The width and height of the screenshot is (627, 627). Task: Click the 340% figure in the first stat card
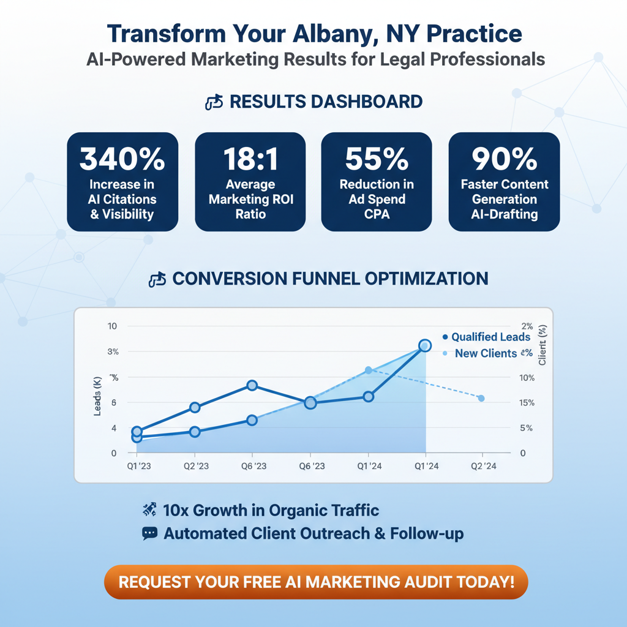click(x=122, y=160)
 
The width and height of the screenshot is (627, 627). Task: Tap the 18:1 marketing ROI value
click(x=250, y=160)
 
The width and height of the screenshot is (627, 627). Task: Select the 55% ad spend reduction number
click(x=377, y=160)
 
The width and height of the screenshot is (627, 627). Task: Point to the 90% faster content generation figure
click(x=504, y=160)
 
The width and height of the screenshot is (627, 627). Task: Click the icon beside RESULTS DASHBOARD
click(x=213, y=102)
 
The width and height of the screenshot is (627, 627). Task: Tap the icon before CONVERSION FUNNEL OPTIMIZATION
click(x=157, y=279)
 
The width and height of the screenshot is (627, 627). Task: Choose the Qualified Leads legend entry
click(x=486, y=337)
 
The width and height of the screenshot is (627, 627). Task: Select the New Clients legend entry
click(x=486, y=353)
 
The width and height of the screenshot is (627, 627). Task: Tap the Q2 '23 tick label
click(x=196, y=467)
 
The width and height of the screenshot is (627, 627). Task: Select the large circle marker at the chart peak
click(x=424, y=346)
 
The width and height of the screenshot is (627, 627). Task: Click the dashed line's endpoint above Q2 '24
click(x=481, y=399)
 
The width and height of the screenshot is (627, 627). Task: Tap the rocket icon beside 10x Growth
click(x=149, y=509)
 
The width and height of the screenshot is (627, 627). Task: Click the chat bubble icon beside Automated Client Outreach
click(x=149, y=533)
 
